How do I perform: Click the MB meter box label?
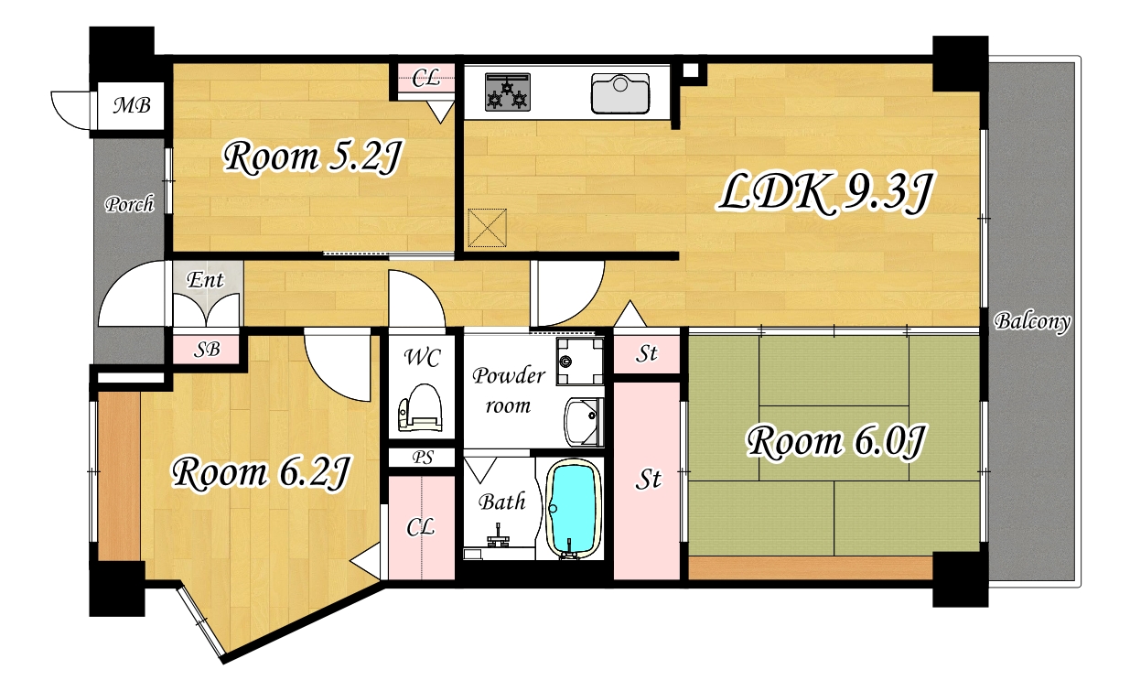point(132,105)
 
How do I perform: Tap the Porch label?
point(129,204)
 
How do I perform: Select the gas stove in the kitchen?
point(508,92)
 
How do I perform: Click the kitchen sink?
point(620,93)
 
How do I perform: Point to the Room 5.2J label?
point(312,158)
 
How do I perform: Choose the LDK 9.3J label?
point(824,194)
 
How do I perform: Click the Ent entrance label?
point(205,280)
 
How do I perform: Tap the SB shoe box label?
point(207,350)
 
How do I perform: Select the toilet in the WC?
point(420,408)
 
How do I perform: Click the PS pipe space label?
point(422,458)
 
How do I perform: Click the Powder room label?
point(509,391)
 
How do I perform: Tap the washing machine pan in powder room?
point(579,361)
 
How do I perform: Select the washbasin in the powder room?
point(584,422)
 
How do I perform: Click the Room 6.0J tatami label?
point(834,443)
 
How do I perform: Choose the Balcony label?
point(1032,321)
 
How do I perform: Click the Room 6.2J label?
point(260,473)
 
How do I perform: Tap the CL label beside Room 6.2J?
point(420,528)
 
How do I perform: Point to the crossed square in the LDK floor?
point(487,228)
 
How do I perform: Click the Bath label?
point(502,502)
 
